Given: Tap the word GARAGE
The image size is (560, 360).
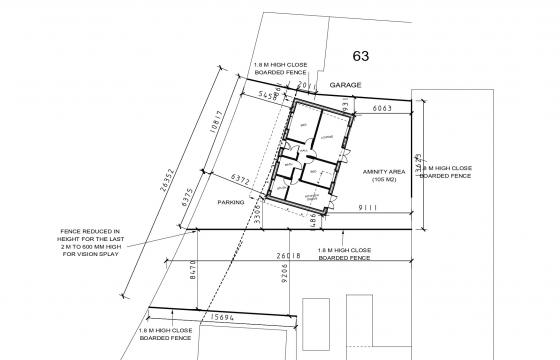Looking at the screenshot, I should coord(346,86).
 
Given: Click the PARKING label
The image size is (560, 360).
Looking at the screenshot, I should coord(231,202).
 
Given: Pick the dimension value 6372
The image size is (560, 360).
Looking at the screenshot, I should coord(240,180).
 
